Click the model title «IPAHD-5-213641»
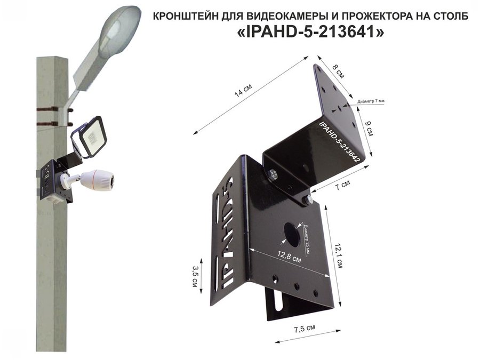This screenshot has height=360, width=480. [310, 32]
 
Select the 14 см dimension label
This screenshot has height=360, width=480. [243, 90]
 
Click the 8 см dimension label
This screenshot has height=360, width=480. [338, 71]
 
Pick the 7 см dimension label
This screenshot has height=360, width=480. [342, 185]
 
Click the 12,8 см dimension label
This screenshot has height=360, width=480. [289, 257]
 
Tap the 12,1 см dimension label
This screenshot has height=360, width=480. [339, 255]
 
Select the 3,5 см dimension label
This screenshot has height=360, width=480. [194, 276]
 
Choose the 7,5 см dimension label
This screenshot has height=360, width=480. [305, 329]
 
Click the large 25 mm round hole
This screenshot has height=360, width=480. [292, 235]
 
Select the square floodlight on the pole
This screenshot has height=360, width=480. [91, 137]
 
